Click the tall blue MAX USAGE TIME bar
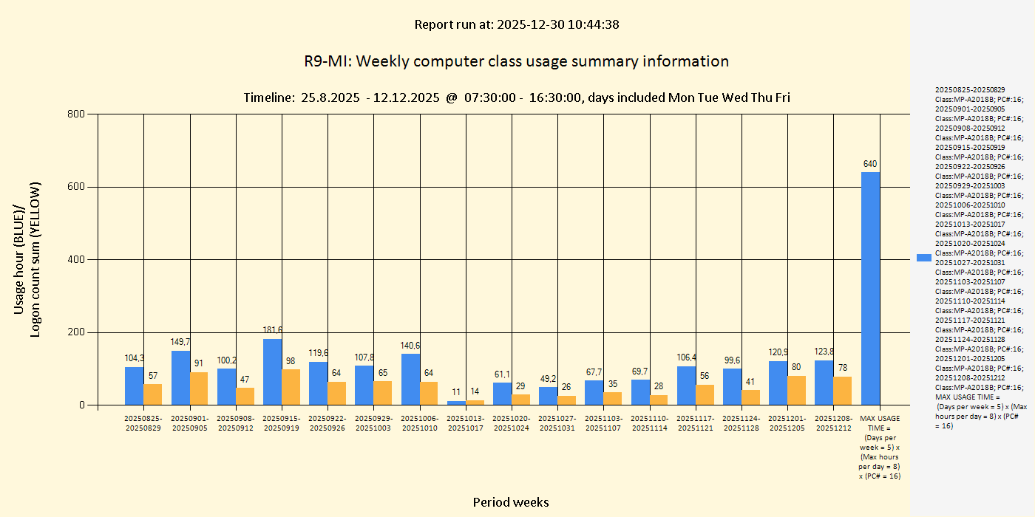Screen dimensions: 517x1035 [x=870, y=288]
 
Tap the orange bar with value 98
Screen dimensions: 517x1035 [x=291, y=386]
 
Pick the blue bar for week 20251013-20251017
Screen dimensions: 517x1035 [x=456, y=403]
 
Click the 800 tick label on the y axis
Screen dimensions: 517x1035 [x=76, y=114]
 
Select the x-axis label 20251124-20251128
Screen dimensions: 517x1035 [x=742, y=423]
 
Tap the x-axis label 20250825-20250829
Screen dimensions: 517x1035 [x=143, y=423]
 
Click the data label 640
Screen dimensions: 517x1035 [x=870, y=164]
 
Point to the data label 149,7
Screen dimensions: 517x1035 [x=180, y=342]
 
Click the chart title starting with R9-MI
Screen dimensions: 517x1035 [x=516, y=61]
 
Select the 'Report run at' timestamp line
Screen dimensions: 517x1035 [x=516, y=24]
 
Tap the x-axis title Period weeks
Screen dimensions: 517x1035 [x=511, y=502]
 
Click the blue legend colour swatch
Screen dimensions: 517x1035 [x=923, y=257]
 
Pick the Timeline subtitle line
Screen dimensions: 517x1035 [x=516, y=97]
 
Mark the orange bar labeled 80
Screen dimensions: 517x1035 [x=797, y=390]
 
